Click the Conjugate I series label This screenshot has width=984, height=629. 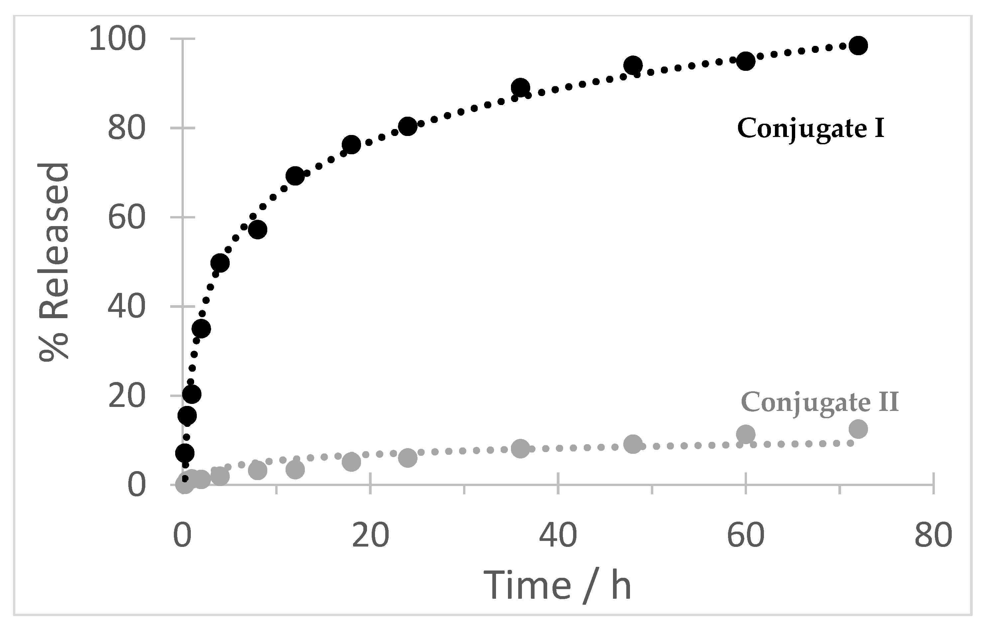pyautogui.click(x=811, y=129)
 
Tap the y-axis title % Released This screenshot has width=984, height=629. pyautogui.click(x=54, y=262)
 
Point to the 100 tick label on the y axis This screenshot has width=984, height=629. pyautogui.click(x=118, y=40)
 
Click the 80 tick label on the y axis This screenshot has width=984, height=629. pyautogui.click(x=127, y=128)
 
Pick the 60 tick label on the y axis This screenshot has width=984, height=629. pyautogui.click(x=127, y=217)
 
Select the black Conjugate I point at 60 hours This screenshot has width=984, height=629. pyautogui.click(x=746, y=61)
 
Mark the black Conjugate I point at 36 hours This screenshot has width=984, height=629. pyautogui.click(x=520, y=88)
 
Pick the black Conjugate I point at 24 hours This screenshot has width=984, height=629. pyautogui.click(x=408, y=127)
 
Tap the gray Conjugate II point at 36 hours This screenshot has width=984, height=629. pyautogui.click(x=520, y=449)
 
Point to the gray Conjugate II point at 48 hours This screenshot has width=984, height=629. pyautogui.click(x=633, y=444)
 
